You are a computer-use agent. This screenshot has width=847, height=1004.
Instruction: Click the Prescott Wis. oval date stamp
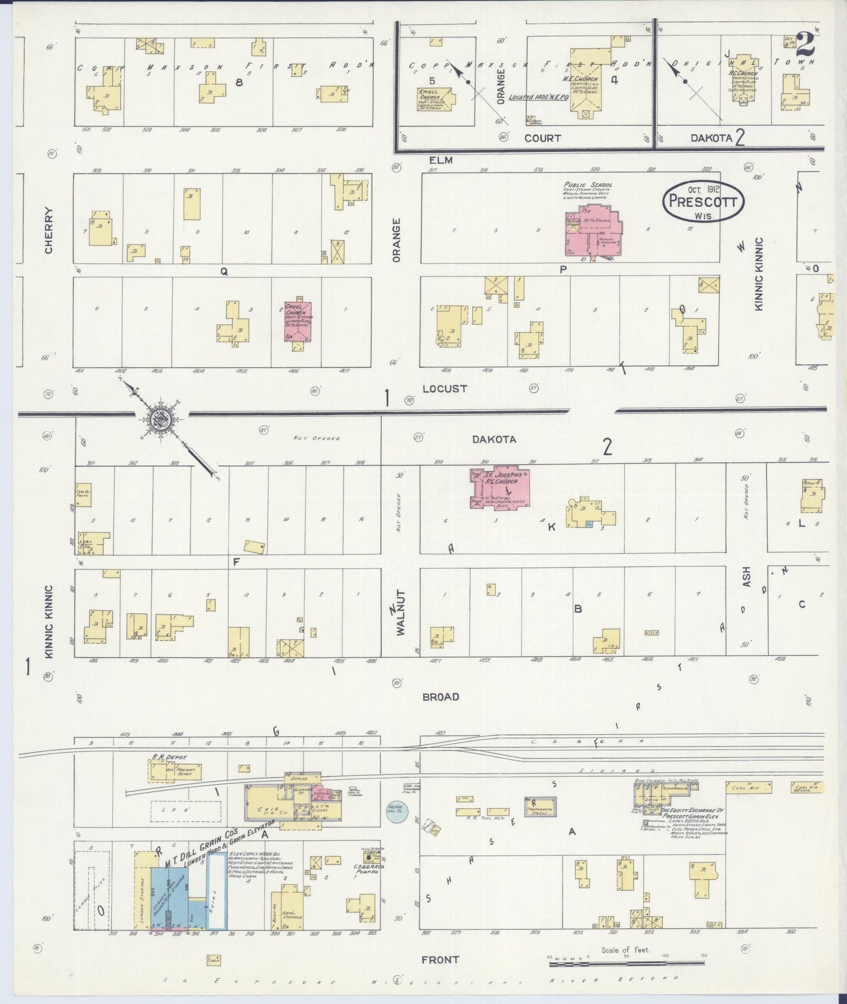(x=703, y=201)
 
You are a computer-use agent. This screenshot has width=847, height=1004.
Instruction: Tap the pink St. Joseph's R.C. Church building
(x=501, y=487)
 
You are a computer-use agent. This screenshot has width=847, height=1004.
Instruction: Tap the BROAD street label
(x=440, y=696)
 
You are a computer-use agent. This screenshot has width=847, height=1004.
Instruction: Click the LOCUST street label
(x=444, y=388)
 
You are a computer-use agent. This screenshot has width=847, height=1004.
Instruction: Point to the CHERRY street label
(x=49, y=231)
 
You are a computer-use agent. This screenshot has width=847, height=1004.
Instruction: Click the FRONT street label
(x=440, y=959)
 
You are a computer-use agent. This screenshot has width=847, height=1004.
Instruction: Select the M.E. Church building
(x=584, y=88)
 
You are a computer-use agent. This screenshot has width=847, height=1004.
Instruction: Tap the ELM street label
(x=441, y=159)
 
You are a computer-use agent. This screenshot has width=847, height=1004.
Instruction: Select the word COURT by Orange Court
(x=542, y=138)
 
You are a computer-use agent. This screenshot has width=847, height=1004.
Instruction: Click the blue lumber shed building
(x=169, y=896)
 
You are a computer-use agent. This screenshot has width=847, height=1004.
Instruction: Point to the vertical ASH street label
(x=747, y=577)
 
